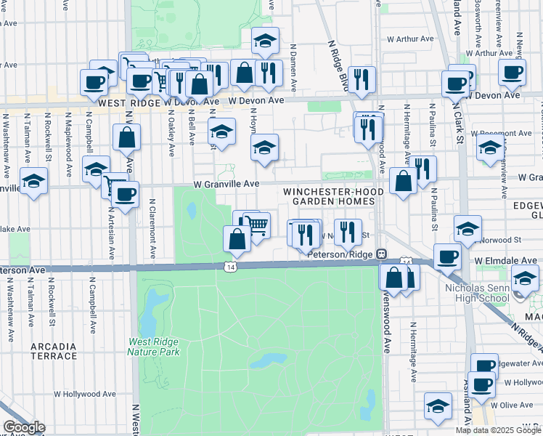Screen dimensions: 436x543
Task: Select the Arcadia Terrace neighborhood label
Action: [x=54, y=351]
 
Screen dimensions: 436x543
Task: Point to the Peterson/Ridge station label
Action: [x=340, y=254]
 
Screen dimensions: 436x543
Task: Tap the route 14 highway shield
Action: [x=230, y=267]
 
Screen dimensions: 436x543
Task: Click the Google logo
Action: [x=23, y=427]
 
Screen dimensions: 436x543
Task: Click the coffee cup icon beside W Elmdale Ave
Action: [x=446, y=257]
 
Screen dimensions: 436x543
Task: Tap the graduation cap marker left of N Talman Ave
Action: [x=33, y=182]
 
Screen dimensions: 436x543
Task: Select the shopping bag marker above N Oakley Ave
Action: [x=127, y=137]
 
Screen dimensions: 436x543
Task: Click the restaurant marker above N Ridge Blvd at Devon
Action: [x=361, y=78]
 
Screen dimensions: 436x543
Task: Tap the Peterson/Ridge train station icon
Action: [x=380, y=254]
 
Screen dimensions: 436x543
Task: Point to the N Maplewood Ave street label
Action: [x=68, y=158]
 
